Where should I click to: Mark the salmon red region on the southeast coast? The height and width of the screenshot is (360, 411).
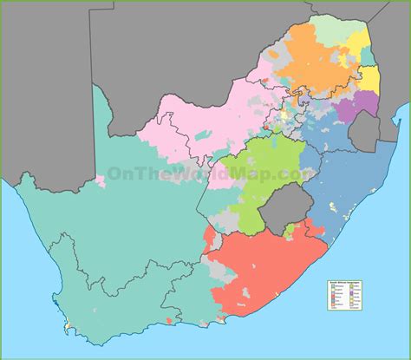click(260, 269)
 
